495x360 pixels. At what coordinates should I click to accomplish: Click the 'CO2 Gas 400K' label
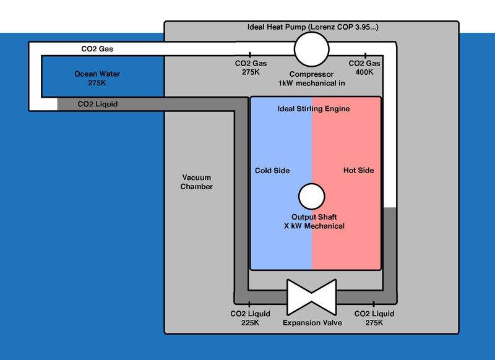tap(366, 68)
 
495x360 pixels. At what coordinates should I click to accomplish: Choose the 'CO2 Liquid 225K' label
tap(249, 319)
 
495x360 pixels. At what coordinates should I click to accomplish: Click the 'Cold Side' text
tap(272, 171)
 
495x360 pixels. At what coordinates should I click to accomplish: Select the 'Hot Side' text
tap(358, 171)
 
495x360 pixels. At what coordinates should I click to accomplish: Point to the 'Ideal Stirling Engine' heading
tap(311, 109)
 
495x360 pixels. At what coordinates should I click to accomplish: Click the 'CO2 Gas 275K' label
tap(251, 68)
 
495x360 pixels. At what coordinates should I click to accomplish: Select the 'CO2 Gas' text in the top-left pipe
tap(97, 48)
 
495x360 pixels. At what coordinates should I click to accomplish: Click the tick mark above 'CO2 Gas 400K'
tap(366, 56)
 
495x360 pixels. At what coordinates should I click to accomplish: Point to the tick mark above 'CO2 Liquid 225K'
tap(249, 304)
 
